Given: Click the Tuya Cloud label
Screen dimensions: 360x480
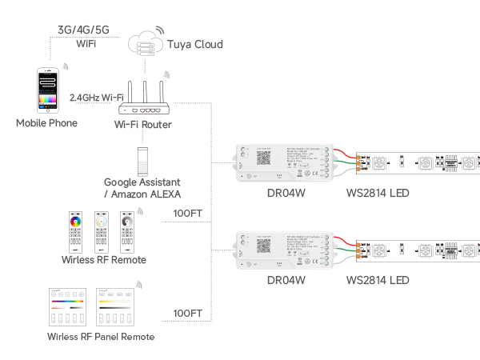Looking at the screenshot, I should tap(194, 44).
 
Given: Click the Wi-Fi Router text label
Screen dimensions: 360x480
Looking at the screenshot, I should tap(143, 125).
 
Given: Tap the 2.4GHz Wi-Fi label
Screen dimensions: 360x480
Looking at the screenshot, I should tap(102, 97).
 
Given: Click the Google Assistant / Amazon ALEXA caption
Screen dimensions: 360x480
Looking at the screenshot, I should tap(142, 188).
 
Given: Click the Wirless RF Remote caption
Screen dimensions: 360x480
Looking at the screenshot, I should tap(104, 260).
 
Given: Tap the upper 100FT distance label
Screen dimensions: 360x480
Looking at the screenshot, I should tap(188, 214).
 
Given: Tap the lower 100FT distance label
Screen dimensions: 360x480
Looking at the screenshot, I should tap(188, 313).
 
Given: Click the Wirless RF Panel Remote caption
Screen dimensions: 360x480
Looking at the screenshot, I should tap(101, 337).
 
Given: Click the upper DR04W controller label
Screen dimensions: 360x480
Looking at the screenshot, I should tap(286, 194).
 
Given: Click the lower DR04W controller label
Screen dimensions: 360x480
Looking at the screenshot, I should tap(286, 281).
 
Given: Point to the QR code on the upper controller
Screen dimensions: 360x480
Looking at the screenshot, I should tap(263, 156).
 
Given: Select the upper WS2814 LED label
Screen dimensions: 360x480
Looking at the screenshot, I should tap(378, 194).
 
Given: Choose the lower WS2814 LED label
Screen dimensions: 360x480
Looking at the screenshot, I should tap(378, 281).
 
